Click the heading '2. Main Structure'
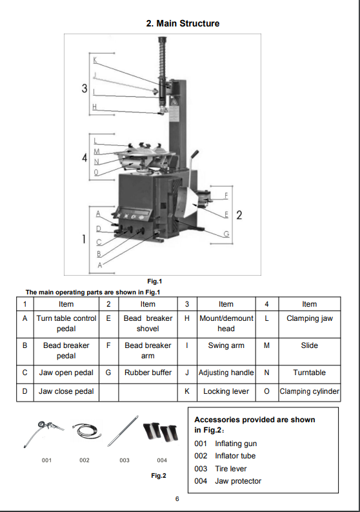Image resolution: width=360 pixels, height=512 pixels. coord(183,23)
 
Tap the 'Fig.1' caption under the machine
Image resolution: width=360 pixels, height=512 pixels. coord(154,281)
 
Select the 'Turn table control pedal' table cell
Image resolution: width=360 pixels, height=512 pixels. coord(66,323)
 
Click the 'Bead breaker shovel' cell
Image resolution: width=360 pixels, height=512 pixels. coord(148,323)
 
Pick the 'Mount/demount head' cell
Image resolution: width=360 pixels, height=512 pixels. coord(226,323)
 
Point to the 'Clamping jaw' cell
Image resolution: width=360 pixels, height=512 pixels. coord(309,318)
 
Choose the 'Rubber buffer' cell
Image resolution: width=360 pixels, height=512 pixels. coord(148,373)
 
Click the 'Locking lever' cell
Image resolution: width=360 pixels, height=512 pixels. coord(226,391)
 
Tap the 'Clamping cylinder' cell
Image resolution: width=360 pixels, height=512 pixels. coord(309,391)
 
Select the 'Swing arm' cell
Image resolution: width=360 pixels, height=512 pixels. coord(226,345)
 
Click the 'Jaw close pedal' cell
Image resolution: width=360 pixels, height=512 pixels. coord(66,391)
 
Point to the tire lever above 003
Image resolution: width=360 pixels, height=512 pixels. coord(125,431)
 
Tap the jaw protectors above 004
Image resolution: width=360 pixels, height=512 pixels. coord(161,431)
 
